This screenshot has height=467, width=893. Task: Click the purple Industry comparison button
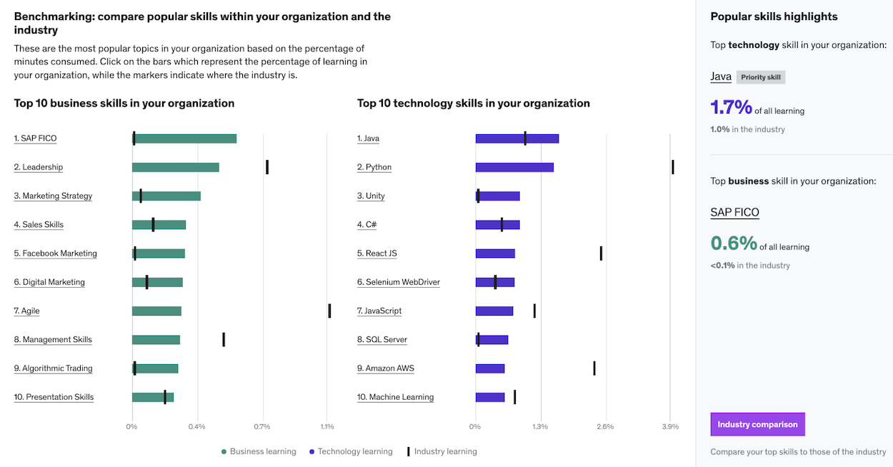pos(757,424)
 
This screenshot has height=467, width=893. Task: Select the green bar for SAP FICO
pos(184,139)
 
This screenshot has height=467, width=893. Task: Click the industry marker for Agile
pos(329,311)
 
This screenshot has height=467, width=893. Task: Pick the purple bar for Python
pos(514,167)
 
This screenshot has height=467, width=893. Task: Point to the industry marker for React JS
pos(601,253)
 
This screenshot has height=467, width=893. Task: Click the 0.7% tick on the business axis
pos(261,427)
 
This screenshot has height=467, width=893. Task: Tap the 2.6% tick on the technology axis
pos(605,427)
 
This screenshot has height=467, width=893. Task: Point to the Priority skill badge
pos(760,77)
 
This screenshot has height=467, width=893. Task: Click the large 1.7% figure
pos(731,108)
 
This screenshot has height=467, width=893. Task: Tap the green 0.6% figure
pos(733,243)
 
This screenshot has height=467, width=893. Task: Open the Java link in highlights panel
pos(721,76)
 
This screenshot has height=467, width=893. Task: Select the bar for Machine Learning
pos(490,397)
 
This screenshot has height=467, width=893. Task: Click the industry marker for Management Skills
pos(224,339)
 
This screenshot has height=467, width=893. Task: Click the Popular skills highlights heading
pos(774,16)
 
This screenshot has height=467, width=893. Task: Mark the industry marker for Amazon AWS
pos(594,368)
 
